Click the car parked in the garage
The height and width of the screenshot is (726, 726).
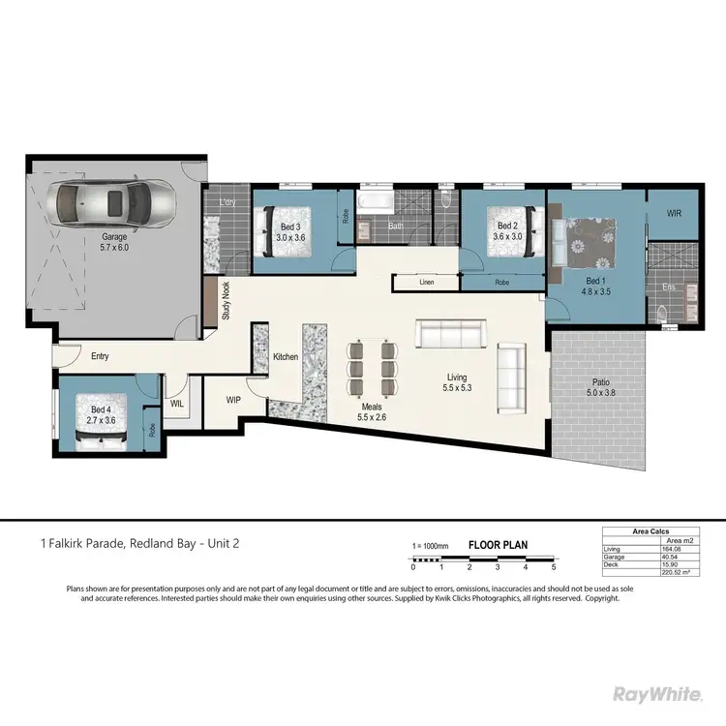114,203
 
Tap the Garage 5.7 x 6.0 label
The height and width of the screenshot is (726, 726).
121,242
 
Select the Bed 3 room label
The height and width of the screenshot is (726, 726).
290,231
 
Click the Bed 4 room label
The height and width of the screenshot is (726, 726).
101,415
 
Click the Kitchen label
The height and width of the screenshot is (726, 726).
286,357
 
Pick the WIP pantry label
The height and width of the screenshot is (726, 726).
233,398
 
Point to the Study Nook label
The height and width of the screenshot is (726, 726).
226,300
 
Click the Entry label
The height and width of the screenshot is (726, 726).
100,356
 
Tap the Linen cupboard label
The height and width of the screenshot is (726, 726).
426,283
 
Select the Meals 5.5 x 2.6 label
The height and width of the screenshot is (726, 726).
372,412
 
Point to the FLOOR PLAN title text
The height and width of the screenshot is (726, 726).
498,545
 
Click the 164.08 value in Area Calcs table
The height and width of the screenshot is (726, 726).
668,549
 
